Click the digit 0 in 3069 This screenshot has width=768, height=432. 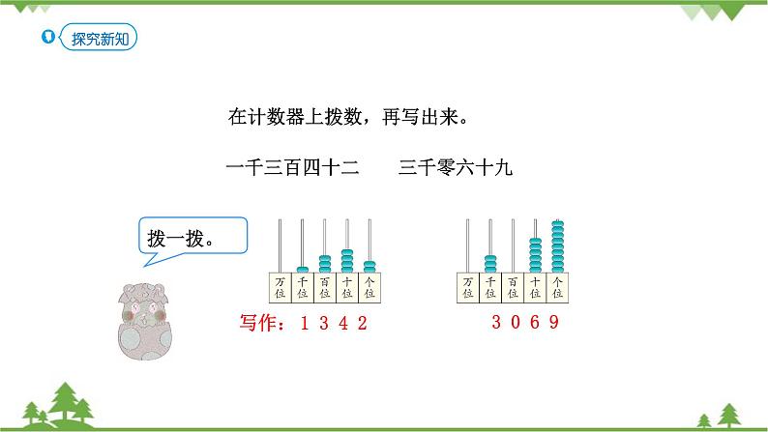pyautogui.click(x=516, y=323)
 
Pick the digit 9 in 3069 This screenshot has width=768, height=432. pyautogui.click(x=555, y=323)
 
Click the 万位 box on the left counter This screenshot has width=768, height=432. pyautogui.click(x=280, y=286)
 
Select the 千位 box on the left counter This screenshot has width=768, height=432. pyautogui.click(x=302, y=286)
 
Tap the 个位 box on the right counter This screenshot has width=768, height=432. pyautogui.click(x=556, y=286)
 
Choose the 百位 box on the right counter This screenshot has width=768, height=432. pyautogui.click(x=512, y=286)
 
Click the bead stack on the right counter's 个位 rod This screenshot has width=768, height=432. pyautogui.click(x=556, y=246)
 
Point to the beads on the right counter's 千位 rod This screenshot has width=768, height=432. pyautogui.click(x=489, y=263)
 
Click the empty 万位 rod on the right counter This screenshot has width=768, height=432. pyautogui.click(x=467, y=246)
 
